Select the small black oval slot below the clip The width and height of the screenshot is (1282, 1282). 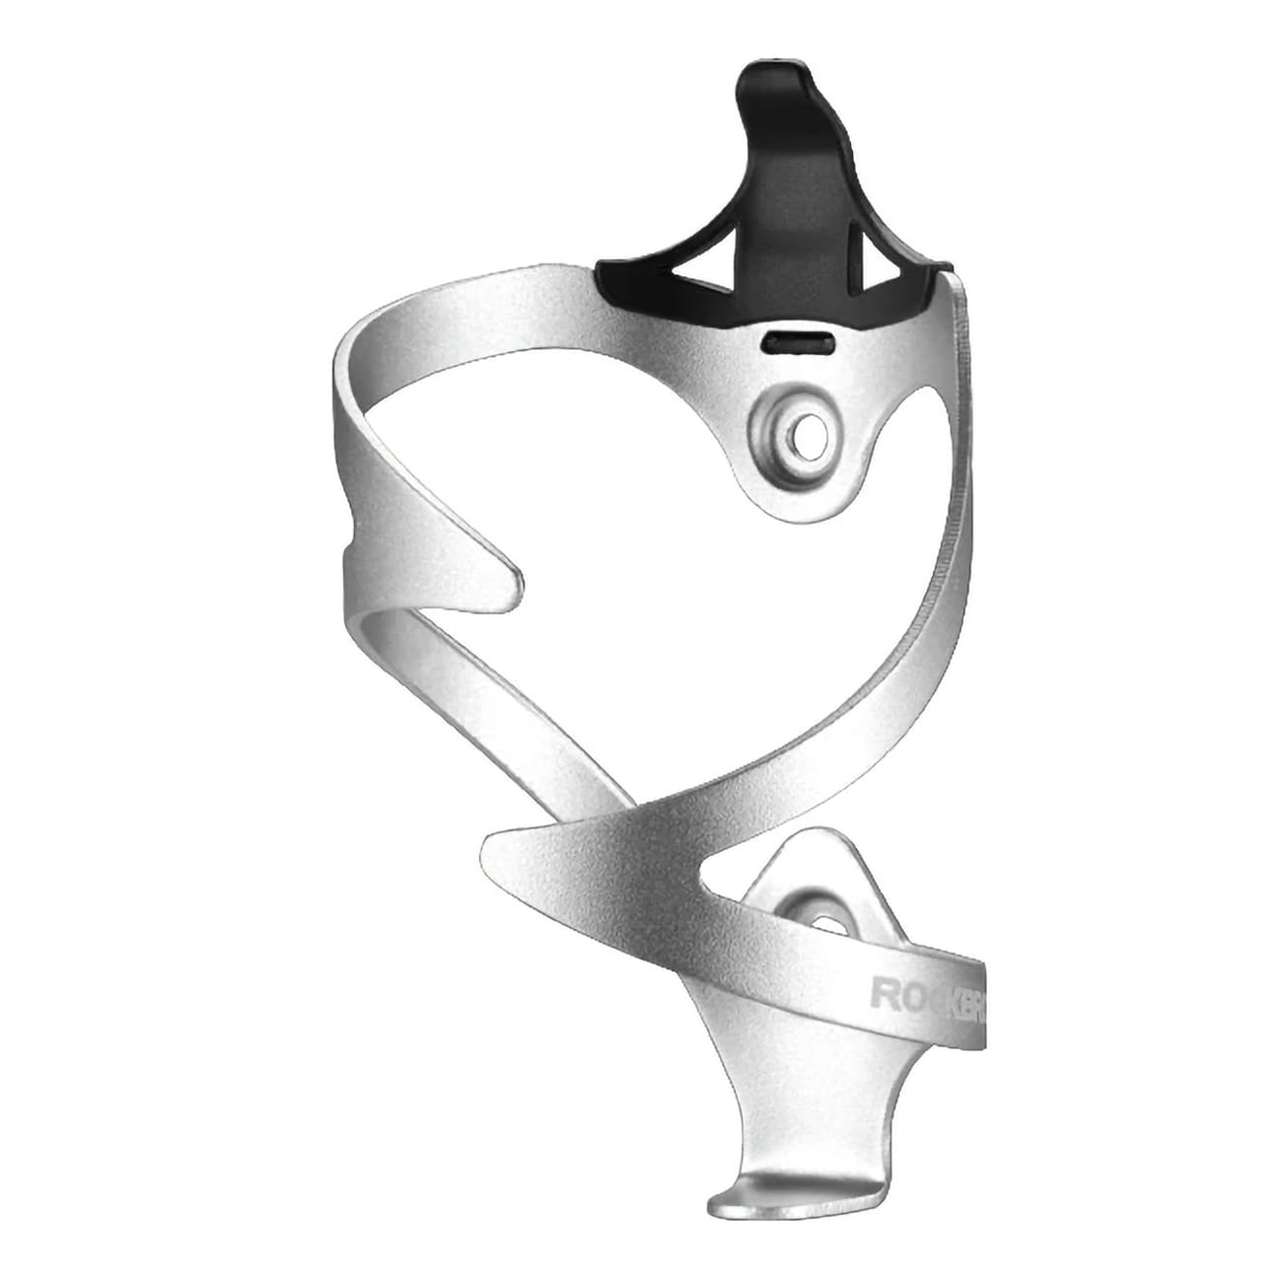point(799,341)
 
